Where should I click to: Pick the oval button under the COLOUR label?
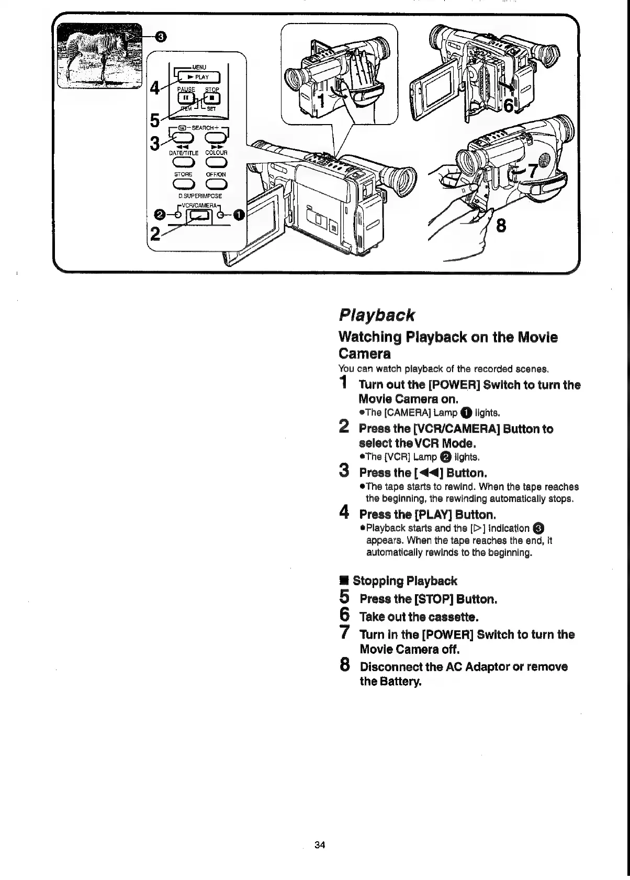[x=216, y=161]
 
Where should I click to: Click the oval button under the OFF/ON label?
[x=216, y=183]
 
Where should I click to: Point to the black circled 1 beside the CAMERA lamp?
[x=239, y=215]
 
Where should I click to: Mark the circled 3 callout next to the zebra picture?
[x=162, y=36]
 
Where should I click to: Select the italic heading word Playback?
[x=377, y=315]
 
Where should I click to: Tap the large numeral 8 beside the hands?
[x=501, y=226]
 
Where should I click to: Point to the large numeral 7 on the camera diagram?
[x=532, y=171]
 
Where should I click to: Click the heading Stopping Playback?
[x=404, y=581]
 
